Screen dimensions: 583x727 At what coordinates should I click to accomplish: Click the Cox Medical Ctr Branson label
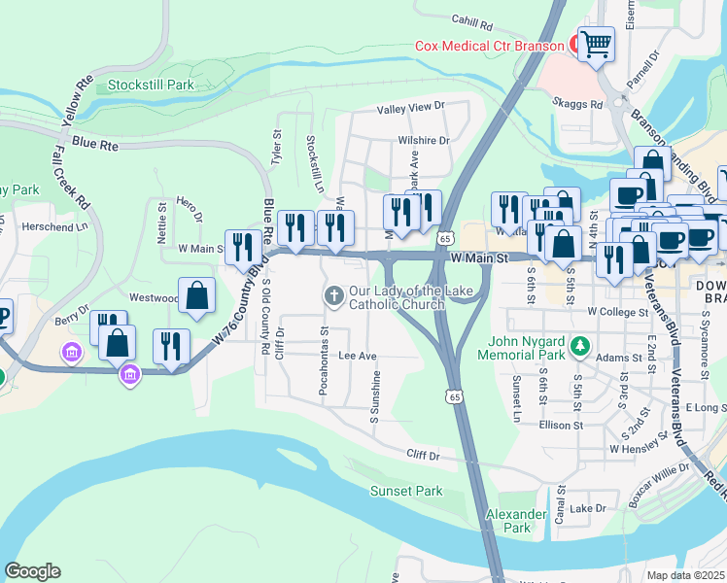click(489, 46)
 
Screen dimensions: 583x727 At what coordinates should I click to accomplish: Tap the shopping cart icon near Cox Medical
click(596, 43)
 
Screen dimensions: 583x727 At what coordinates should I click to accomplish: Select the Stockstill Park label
click(151, 85)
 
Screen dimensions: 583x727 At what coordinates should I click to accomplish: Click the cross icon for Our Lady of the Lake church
click(333, 294)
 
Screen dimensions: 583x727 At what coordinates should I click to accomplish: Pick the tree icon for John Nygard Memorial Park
click(580, 346)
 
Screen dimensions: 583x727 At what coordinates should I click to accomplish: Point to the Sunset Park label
click(406, 491)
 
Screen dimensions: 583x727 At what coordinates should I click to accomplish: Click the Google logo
click(32, 570)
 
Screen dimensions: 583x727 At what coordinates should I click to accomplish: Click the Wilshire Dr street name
click(423, 140)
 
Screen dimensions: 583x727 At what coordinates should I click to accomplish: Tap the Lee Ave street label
click(357, 357)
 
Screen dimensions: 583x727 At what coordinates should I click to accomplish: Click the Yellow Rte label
click(74, 101)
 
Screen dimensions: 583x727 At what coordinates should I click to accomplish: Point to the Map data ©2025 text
click(686, 575)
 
